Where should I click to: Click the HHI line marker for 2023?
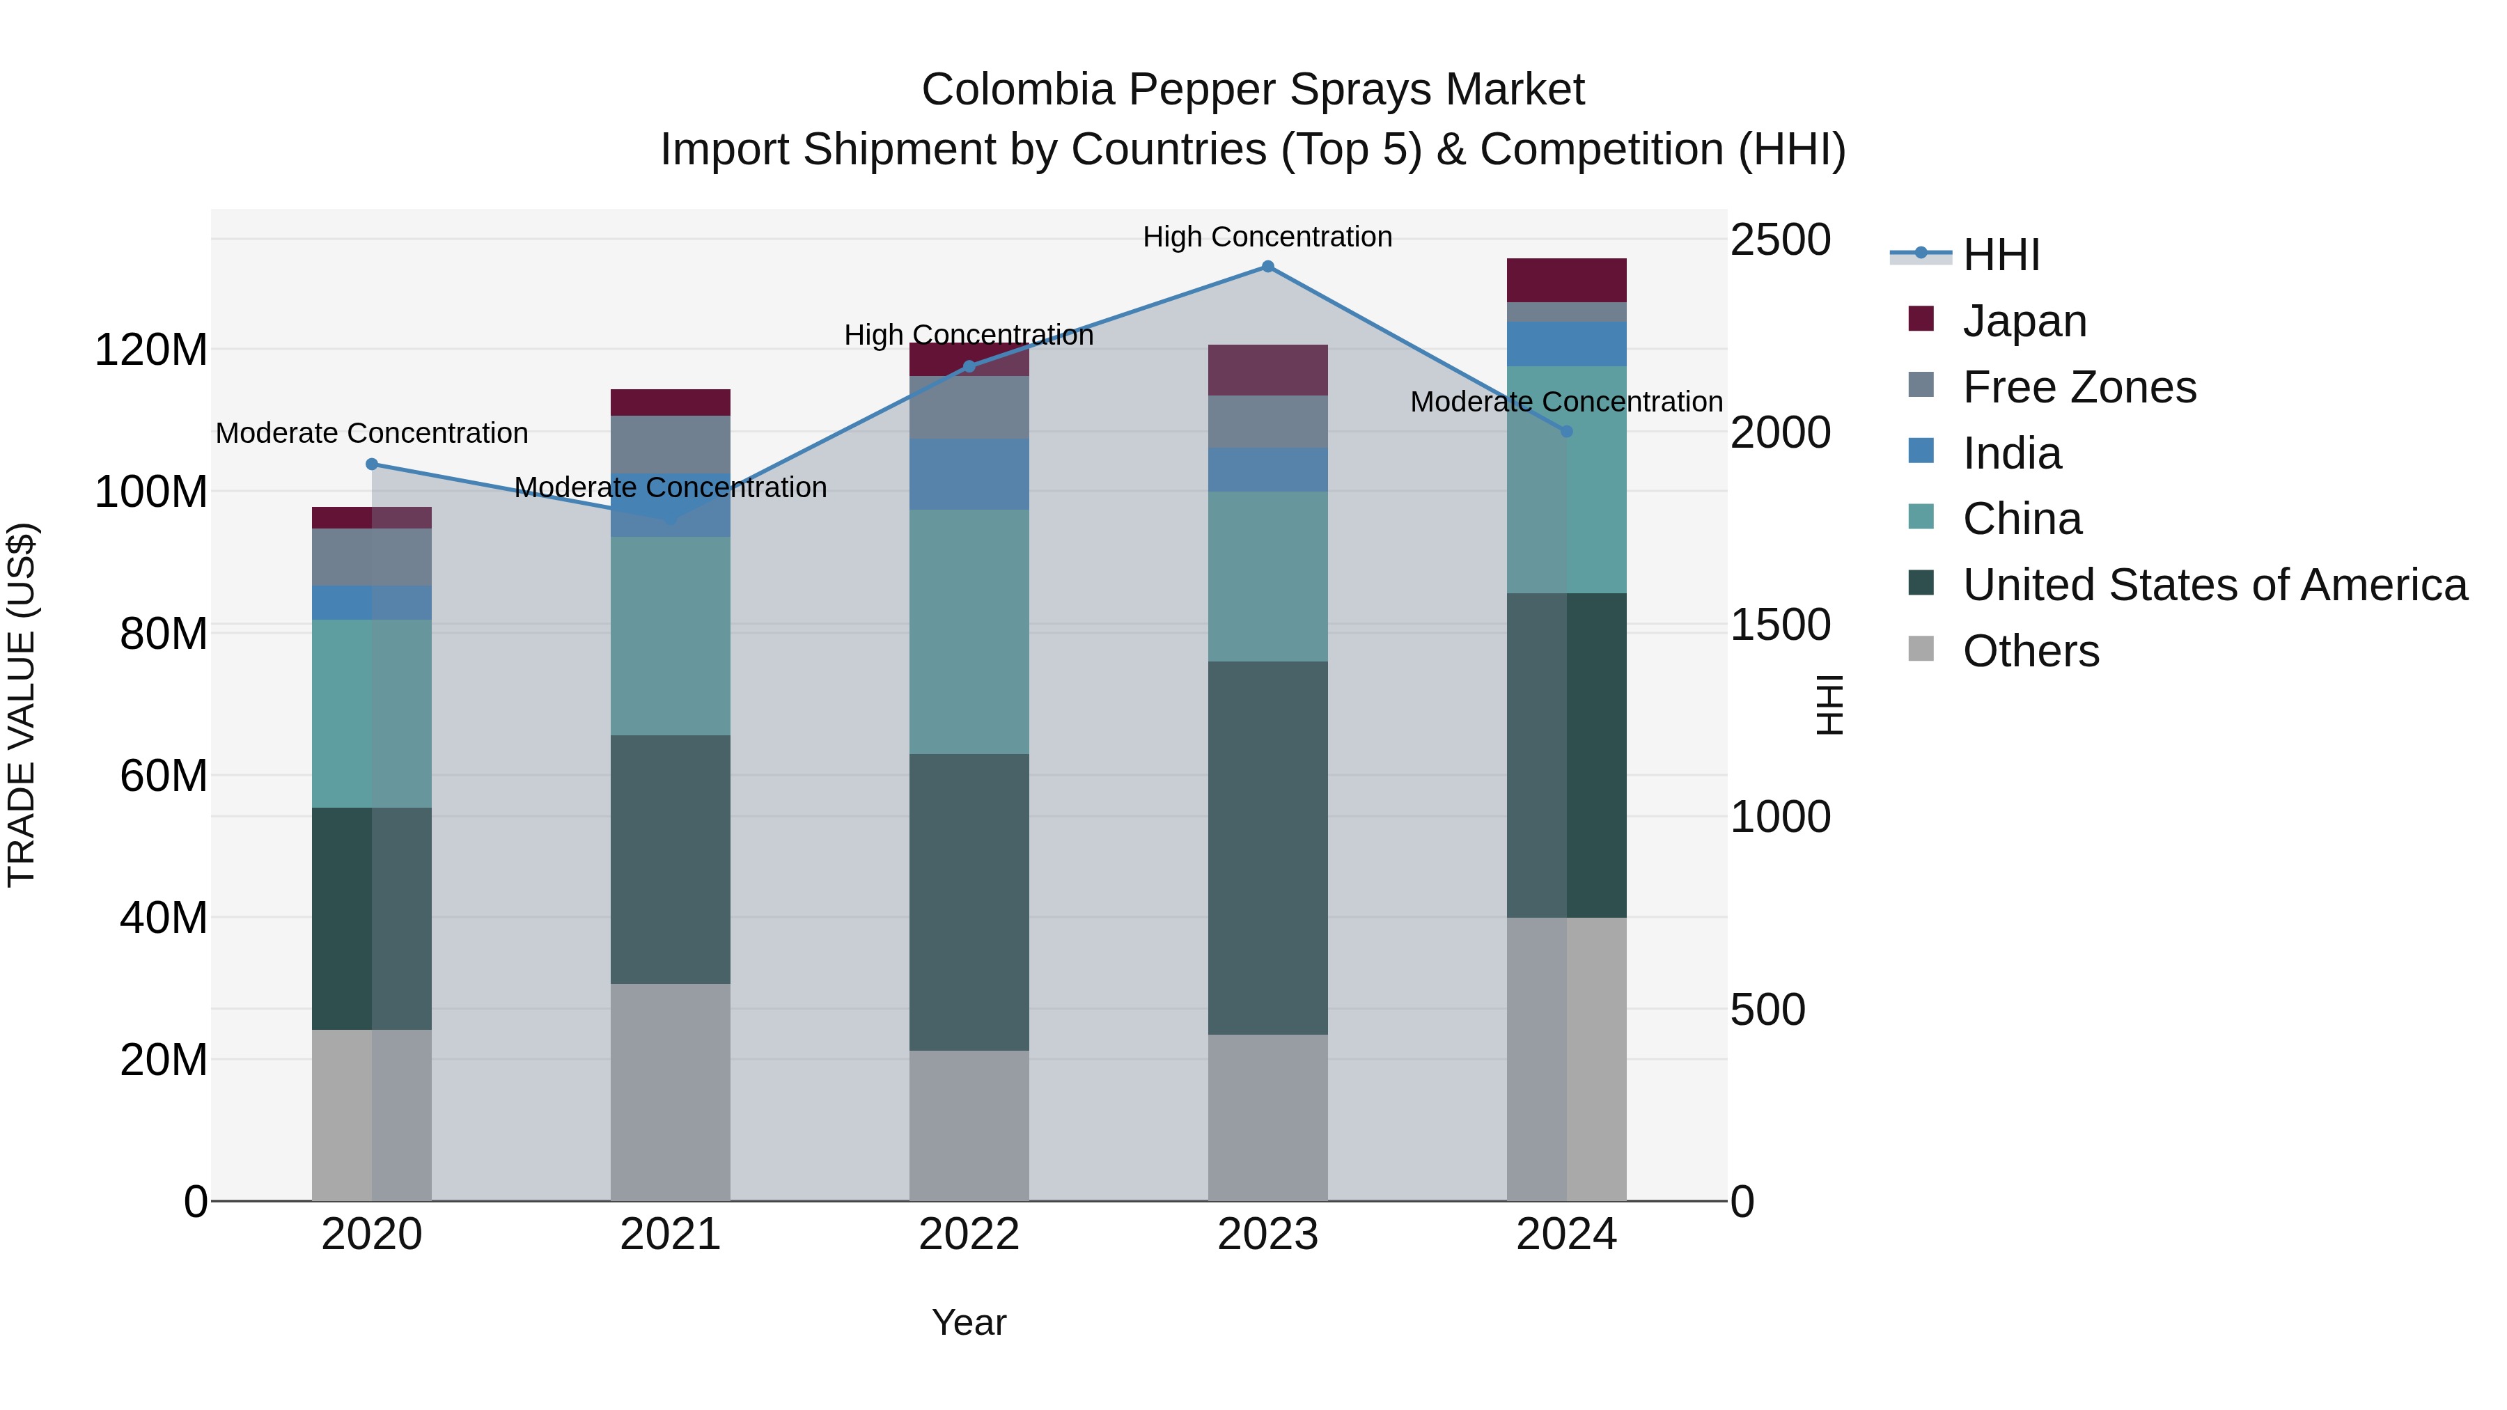pos(1267,267)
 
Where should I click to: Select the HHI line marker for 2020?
pos(372,464)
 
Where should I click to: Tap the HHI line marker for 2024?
pos(1566,431)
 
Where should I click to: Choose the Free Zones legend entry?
pos(2078,386)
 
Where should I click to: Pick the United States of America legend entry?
pos(2214,585)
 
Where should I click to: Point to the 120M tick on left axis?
pos(151,350)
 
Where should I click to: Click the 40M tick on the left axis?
pos(162,918)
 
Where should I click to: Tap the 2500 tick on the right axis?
pos(1780,240)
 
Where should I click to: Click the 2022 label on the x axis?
pos(969,1235)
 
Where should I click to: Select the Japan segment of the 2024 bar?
pos(1566,280)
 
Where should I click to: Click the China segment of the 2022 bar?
pos(969,632)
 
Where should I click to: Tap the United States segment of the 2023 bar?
pos(1267,847)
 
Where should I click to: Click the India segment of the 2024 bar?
pos(1566,343)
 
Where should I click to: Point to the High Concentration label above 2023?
pos(1267,237)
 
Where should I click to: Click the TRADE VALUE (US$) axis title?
pos(22,705)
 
